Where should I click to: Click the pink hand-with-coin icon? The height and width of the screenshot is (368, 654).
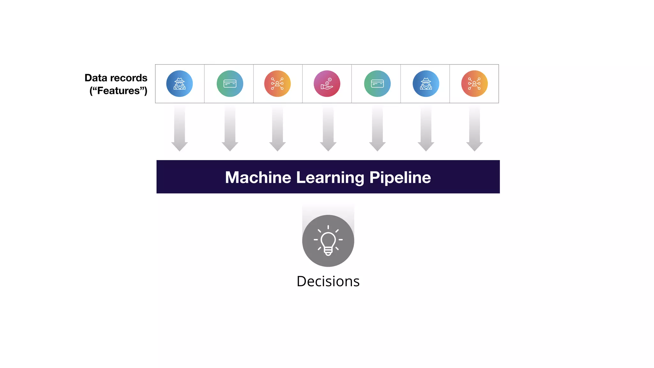327,84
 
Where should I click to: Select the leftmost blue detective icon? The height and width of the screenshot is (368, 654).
179,84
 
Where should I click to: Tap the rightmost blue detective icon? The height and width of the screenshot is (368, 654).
426,84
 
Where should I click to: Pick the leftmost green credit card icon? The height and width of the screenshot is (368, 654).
230,84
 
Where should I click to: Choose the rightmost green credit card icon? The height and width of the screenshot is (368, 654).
377,84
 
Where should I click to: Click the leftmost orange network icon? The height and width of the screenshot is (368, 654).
277,84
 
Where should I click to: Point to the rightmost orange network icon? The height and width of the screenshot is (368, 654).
474,84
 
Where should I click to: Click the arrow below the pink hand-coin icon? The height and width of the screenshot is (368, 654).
328,129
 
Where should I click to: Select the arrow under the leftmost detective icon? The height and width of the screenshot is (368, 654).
179,129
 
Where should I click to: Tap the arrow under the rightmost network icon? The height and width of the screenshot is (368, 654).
474,129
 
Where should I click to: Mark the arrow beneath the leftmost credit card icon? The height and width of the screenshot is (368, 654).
230,129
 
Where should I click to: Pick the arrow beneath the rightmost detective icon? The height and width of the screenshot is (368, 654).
426,129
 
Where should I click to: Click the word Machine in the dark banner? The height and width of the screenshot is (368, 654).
258,177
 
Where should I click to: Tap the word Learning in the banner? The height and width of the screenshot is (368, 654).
330,177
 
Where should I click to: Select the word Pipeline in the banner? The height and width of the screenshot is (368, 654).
400,177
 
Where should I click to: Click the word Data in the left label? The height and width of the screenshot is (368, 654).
96,78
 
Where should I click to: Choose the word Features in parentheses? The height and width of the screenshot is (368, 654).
118,91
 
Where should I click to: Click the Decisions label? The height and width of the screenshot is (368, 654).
328,281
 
